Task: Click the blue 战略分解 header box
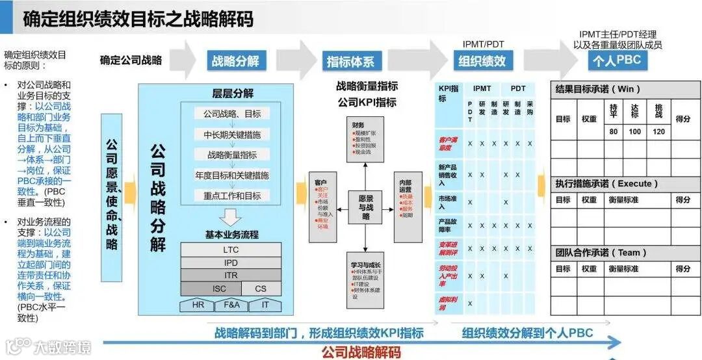pos(235,61)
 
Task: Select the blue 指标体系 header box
pos(350,62)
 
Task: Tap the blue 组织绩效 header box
pos(482,61)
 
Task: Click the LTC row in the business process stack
pos(231,250)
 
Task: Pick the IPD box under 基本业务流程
pos(231,263)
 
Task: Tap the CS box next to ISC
pos(260,289)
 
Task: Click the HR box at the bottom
pos(198,305)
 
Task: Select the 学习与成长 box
pos(365,284)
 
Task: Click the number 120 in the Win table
pos(658,131)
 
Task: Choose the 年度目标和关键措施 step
pos(231,175)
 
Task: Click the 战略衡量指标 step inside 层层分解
pos(231,155)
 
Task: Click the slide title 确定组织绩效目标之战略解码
pos(138,19)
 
